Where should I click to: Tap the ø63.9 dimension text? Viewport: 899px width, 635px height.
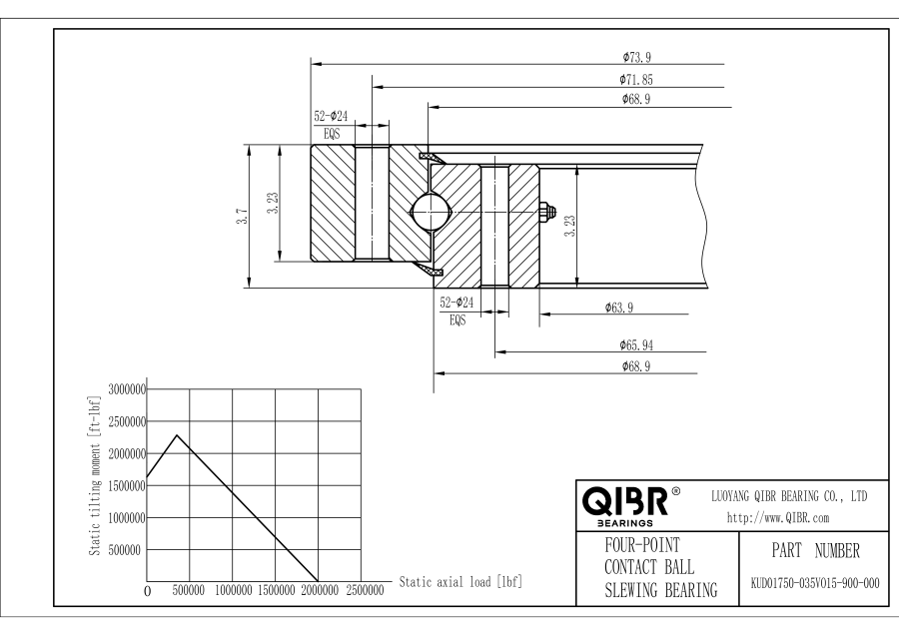621,308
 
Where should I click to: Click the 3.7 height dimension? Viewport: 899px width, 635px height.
242,218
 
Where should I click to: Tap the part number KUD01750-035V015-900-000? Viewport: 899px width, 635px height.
812,582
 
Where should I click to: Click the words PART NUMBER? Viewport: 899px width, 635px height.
811,550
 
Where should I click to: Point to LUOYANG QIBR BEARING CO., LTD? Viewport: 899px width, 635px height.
788,495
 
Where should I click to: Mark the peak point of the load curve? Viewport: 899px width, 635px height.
177,435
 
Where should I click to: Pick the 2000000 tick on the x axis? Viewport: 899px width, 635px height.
319,591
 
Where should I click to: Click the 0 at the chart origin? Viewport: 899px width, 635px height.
148,592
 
